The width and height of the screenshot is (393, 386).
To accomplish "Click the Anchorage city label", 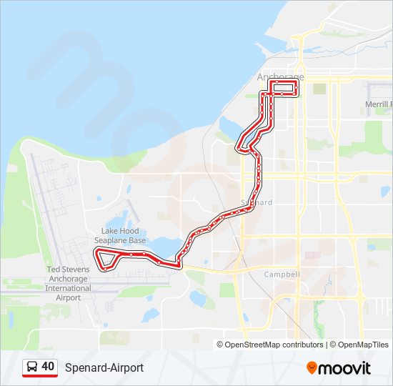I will coord(280,77).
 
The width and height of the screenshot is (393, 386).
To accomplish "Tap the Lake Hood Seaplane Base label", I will coord(119,236).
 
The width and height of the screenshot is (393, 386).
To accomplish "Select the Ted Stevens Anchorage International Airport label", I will coord(69,283).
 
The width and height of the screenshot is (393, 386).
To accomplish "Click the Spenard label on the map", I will coord(257,203).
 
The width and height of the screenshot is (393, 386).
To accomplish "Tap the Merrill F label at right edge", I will coord(378,104).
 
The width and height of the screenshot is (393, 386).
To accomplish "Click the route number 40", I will coord(48,367).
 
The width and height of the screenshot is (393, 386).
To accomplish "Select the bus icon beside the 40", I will coord(32,367).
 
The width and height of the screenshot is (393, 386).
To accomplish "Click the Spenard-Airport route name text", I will coord(104,367).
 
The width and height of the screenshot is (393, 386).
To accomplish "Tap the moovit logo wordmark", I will coord(344,368).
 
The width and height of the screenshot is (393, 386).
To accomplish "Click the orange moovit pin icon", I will coord(312,368).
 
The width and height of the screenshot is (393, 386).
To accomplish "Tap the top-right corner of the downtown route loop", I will coord(296,83).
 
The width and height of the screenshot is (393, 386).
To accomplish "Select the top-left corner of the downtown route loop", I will coord(270,83).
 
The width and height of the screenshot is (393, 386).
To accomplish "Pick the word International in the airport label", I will coord(69,288).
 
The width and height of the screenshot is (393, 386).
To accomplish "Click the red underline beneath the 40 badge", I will coord(40,376).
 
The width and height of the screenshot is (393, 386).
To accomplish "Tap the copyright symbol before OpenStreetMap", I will coord(220,345).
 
